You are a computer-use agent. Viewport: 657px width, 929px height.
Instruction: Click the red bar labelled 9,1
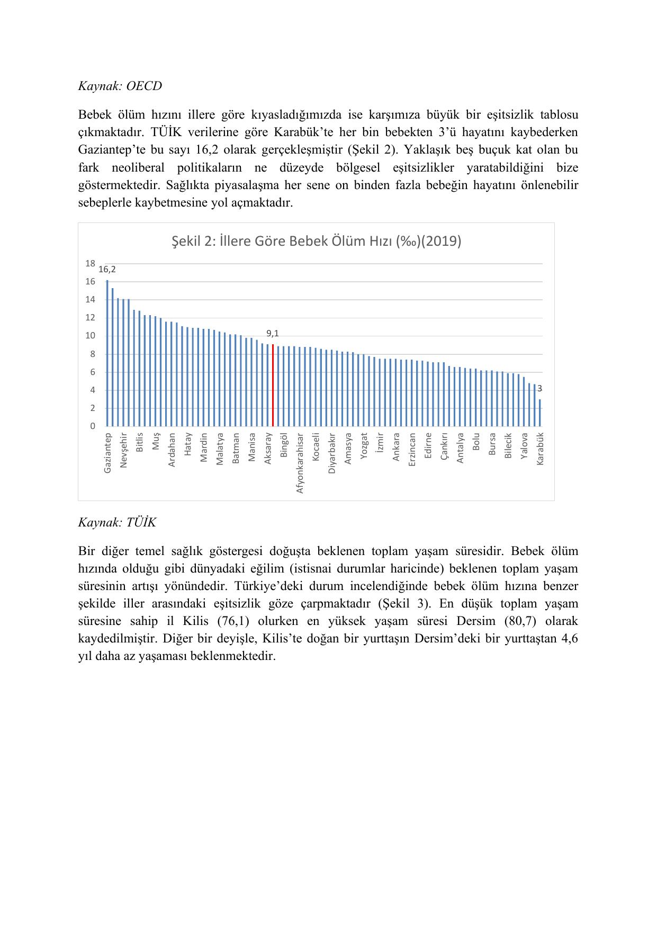click(x=273, y=385)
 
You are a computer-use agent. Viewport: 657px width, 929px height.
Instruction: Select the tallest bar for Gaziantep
click(x=107, y=353)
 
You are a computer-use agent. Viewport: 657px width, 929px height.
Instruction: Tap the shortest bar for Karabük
click(x=540, y=413)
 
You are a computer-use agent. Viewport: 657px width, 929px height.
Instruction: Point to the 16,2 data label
click(x=107, y=270)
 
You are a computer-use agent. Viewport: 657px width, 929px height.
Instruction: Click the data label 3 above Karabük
click(x=540, y=389)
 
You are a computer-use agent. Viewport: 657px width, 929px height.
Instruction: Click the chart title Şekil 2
click(x=317, y=242)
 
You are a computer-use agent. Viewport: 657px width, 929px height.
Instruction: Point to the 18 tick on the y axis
click(x=91, y=263)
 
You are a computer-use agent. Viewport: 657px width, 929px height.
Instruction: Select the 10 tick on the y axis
click(x=91, y=336)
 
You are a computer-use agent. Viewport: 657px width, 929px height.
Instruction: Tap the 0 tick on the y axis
click(x=93, y=426)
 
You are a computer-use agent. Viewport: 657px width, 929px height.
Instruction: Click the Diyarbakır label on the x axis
click(x=332, y=453)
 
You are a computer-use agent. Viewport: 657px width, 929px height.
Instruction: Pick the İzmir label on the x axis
click(x=380, y=442)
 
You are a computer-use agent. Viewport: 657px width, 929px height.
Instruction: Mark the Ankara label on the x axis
click(x=396, y=447)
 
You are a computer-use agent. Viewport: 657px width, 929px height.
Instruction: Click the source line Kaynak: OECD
click(x=120, y=86)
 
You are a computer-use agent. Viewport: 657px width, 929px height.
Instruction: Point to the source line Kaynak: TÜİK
click(x=117, y=523)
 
